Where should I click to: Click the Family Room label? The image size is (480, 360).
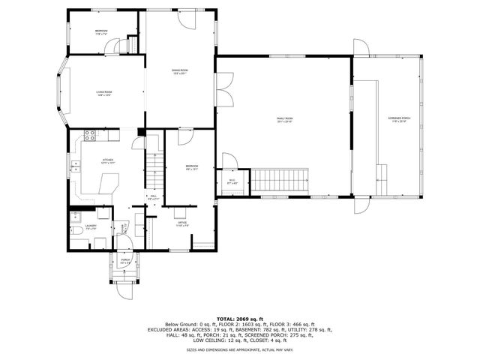click(x=284, y=118)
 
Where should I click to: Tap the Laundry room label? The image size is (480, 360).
click(x=91, y=225)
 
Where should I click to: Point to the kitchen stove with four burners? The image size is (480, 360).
click(x=89, y=136)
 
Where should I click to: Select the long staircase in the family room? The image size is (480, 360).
click(x=279, y=180)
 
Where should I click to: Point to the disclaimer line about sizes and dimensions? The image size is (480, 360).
click(x=239, y=349)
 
